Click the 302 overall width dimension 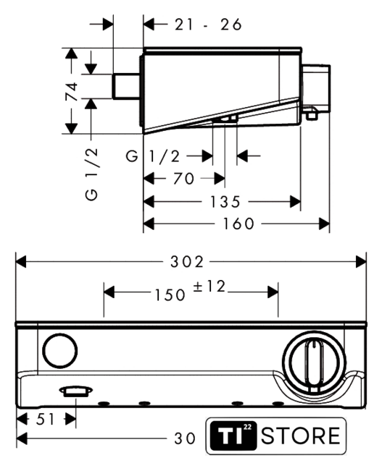pos(187,262)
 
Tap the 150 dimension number pos(170,295)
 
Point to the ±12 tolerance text pos(209,286)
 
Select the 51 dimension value pos(45,420)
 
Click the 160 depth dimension pos(238,224)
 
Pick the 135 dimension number pos(225,202)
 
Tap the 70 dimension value pos(183,179)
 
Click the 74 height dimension pos(72,92)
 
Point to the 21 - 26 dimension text pos(208,25)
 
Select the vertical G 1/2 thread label pos(91,174)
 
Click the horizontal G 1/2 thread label pos(153,156)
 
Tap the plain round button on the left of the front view pos(60,350)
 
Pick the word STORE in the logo pos(301,436)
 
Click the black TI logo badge pos(233,436)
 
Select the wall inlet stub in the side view pos(126,86)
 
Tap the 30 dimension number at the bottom pos(185,438)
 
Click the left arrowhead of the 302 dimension pos(21,262)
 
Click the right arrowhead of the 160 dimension pos(324,224)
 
